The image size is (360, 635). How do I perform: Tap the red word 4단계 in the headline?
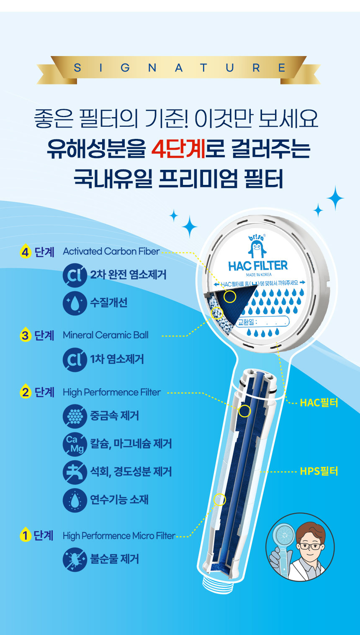tap(178, 149)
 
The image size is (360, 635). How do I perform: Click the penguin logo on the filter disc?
tap(257, 246)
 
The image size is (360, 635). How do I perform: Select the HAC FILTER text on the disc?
tap(258, 266)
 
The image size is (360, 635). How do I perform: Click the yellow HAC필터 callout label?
tap(319, 402)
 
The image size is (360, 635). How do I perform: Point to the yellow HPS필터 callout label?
tap(319, 471)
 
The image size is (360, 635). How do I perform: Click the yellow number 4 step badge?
tap(25, 251)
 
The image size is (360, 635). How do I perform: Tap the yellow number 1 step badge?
tap(25, 535)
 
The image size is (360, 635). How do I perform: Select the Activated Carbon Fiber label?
tap(111, 251)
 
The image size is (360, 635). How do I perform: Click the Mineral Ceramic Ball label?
tap(105, 335)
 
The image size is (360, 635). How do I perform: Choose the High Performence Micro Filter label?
tap(119, 536)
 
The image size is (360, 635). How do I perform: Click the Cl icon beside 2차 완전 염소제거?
tap(75, 275)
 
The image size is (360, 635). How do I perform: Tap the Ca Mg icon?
tap(75, 444)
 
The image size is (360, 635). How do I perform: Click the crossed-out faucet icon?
tap(75, 472)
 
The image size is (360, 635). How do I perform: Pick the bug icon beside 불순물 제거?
tap(75, 559)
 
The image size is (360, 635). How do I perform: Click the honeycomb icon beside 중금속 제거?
tap(75, 416)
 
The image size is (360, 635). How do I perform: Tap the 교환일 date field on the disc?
tap(262, 322)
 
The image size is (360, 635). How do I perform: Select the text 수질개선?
tap(109, 302)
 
